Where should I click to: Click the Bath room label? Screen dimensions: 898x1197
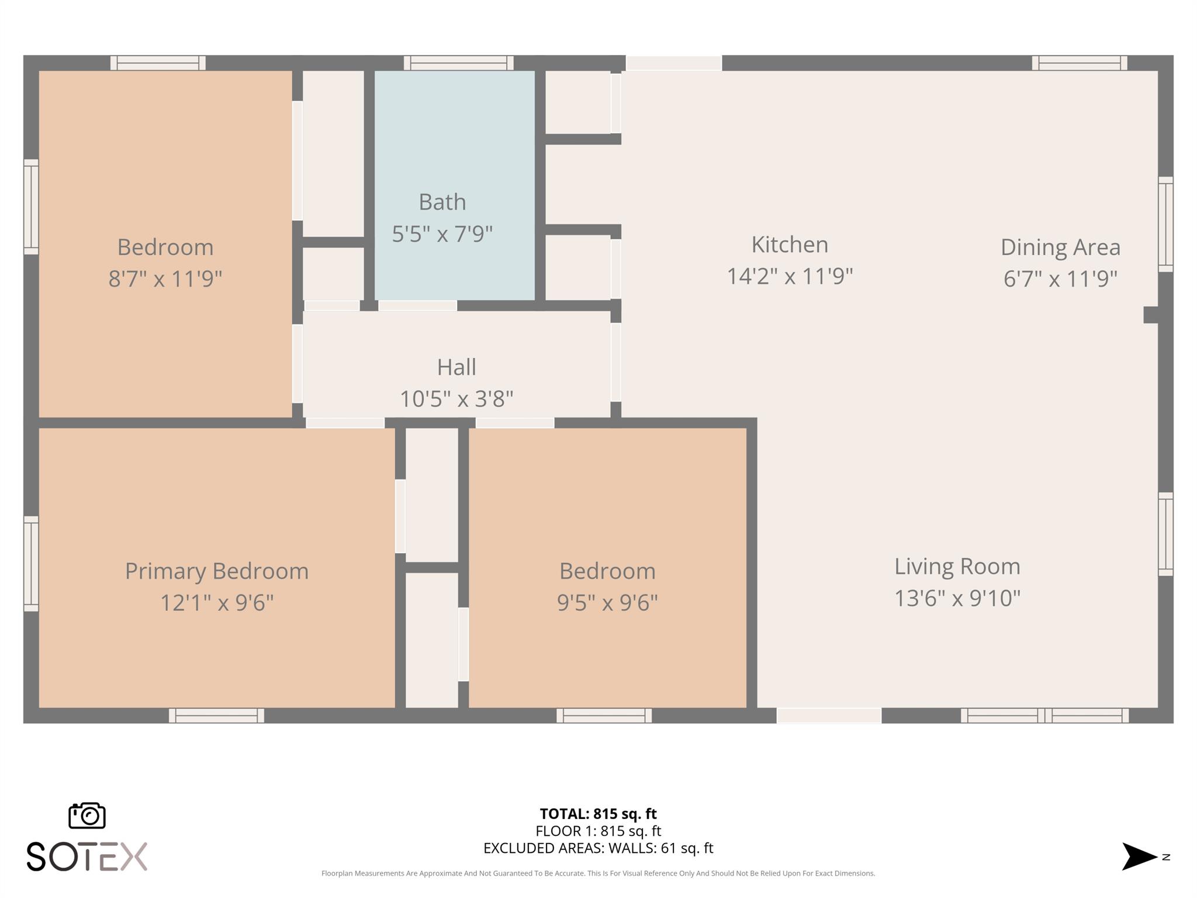coord(442,202)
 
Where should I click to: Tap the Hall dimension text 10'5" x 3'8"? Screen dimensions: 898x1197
coord(456,399)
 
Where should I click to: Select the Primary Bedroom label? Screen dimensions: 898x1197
coord(217,571)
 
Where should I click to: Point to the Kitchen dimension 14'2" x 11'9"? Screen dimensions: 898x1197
coord(790,276)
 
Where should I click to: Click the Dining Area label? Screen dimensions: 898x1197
coord(1060,247)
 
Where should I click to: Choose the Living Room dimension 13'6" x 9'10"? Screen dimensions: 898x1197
coord(957,598)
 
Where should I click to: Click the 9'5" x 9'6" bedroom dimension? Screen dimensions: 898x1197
coord(607,602)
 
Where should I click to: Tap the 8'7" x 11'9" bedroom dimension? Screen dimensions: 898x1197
coord(165,278)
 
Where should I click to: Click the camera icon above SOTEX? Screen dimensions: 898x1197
coord(87,815)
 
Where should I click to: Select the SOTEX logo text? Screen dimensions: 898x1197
coord(87,856)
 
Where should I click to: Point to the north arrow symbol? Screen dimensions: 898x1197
coord(1139,856)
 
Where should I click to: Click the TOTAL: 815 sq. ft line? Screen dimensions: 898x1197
coord(598,813)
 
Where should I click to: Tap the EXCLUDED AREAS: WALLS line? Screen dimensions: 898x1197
coord(598,848)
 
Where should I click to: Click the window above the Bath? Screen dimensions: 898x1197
coord(458,63)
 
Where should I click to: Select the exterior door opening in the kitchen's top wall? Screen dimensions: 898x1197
coord(674,63)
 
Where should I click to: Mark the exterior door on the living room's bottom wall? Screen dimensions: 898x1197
coord(829,715)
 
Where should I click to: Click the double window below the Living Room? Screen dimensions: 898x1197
coord(1044,715)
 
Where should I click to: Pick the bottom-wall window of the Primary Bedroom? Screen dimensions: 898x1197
coord(216,715)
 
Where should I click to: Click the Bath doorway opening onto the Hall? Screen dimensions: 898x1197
coord(417,305)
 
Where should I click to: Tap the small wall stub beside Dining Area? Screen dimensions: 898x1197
coord(1150,315)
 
